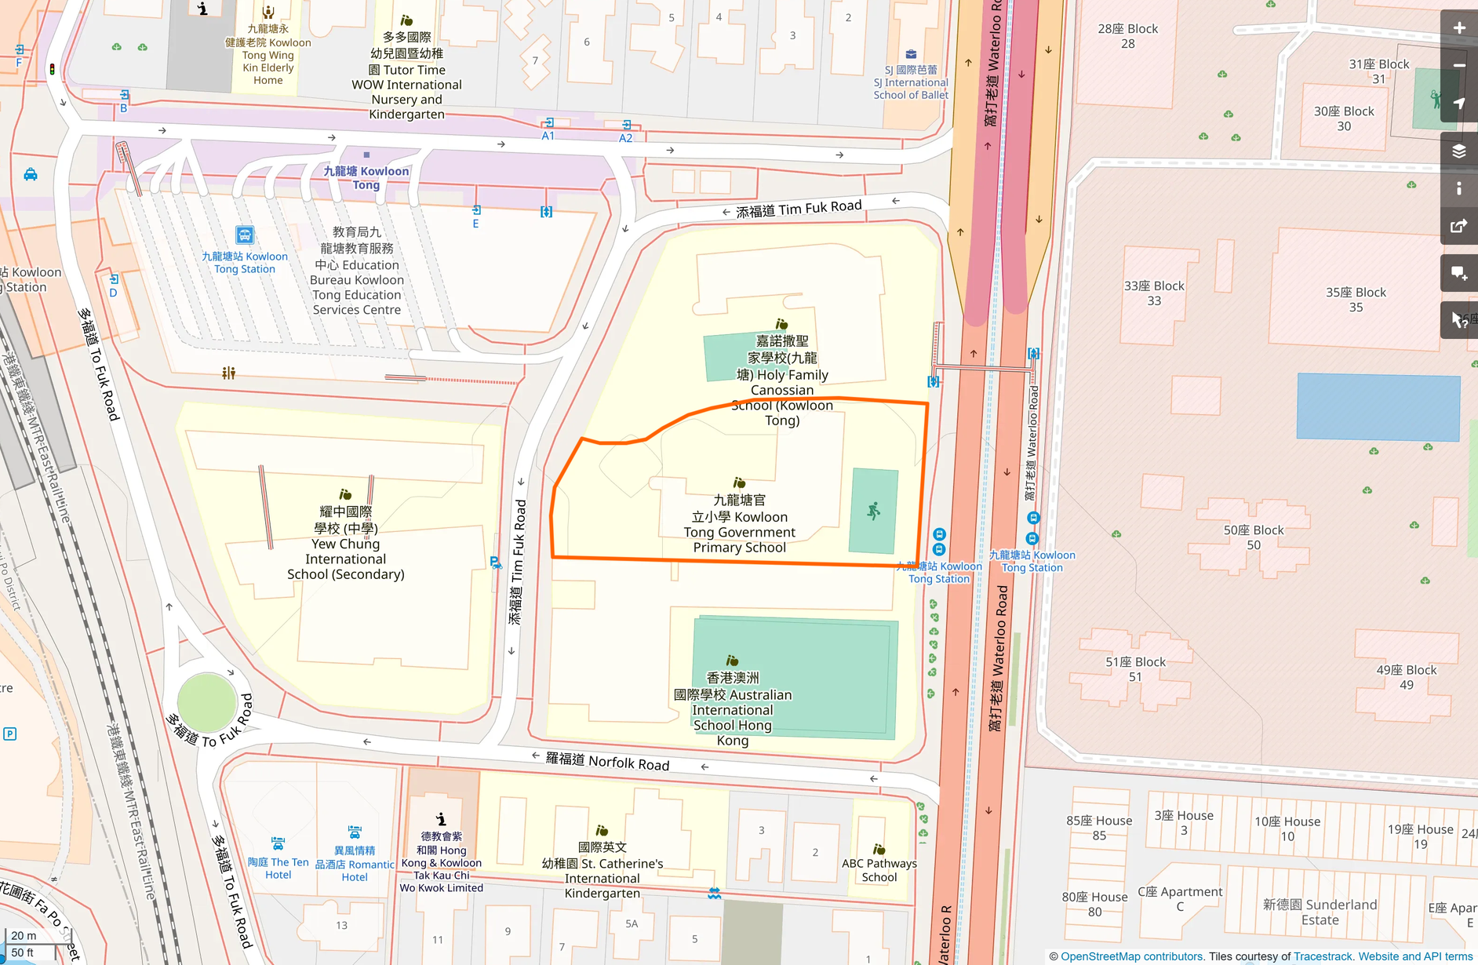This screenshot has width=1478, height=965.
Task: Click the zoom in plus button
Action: tap(1458, 28)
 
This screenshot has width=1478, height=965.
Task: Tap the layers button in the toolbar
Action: tap(1458, 151)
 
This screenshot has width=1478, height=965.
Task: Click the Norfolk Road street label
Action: tap(608, 761)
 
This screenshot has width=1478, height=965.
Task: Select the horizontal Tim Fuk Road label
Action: tap(799, 209)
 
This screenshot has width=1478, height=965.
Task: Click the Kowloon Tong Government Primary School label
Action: tap(739, 524)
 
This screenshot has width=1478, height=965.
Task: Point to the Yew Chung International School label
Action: tap(346, 543)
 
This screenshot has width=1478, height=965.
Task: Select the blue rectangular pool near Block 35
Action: tap(1378, 406)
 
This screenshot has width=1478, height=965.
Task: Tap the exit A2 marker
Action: tap(626, 131)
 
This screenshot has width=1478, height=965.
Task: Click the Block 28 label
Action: tap(1127, 36)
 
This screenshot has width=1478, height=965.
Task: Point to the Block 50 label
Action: tap(1253, 537)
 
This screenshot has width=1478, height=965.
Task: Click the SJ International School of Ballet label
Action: tap(911, 82)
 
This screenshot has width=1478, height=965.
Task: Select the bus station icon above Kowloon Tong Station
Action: tap(245, 235)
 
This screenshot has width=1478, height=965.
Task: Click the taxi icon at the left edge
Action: tap(31, 174)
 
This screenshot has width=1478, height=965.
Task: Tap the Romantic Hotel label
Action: tap(355, 863)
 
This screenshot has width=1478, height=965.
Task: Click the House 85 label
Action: tap(1098, 828)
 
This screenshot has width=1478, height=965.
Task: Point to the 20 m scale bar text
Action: tap(24, 935)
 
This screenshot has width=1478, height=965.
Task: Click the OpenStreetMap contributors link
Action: tap(1131, 956)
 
